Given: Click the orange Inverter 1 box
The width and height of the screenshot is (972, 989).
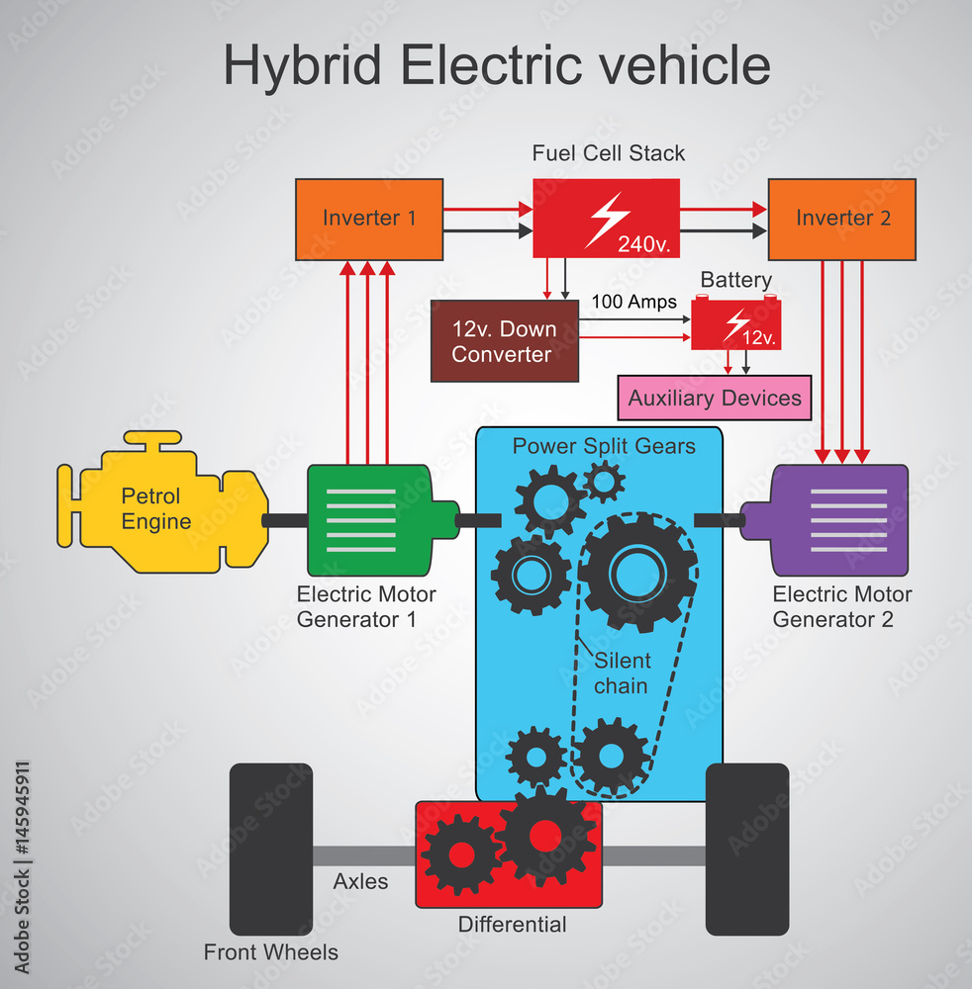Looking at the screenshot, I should point(369,220).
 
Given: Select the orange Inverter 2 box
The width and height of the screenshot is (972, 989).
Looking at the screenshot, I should point(842,220).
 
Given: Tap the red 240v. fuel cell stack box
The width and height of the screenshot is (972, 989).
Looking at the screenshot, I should point(606,219).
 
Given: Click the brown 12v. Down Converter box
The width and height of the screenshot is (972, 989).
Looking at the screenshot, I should point(504,342).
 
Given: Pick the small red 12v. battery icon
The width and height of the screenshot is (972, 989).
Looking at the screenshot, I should point(735,324).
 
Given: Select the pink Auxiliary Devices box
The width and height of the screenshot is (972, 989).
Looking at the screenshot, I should point(714,399).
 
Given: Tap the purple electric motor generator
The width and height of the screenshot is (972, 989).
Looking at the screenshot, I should point(831,519).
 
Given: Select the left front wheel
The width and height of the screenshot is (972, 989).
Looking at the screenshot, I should point(270,850).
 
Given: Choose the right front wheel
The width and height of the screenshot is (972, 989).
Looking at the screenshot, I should point(747,850).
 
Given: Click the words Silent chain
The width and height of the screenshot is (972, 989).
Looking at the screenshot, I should point(622,673).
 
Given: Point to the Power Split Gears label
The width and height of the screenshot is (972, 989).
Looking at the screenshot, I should point(603,446).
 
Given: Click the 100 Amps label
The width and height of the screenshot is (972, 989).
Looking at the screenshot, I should point(633,302).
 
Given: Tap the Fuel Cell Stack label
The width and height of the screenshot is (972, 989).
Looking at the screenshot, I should point(608,153).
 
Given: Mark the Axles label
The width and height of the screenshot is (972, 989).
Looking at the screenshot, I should point(360,881).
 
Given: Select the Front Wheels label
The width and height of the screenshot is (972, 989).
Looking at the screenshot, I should point(270,952).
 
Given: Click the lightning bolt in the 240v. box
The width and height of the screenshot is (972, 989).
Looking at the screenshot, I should point(606,218).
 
